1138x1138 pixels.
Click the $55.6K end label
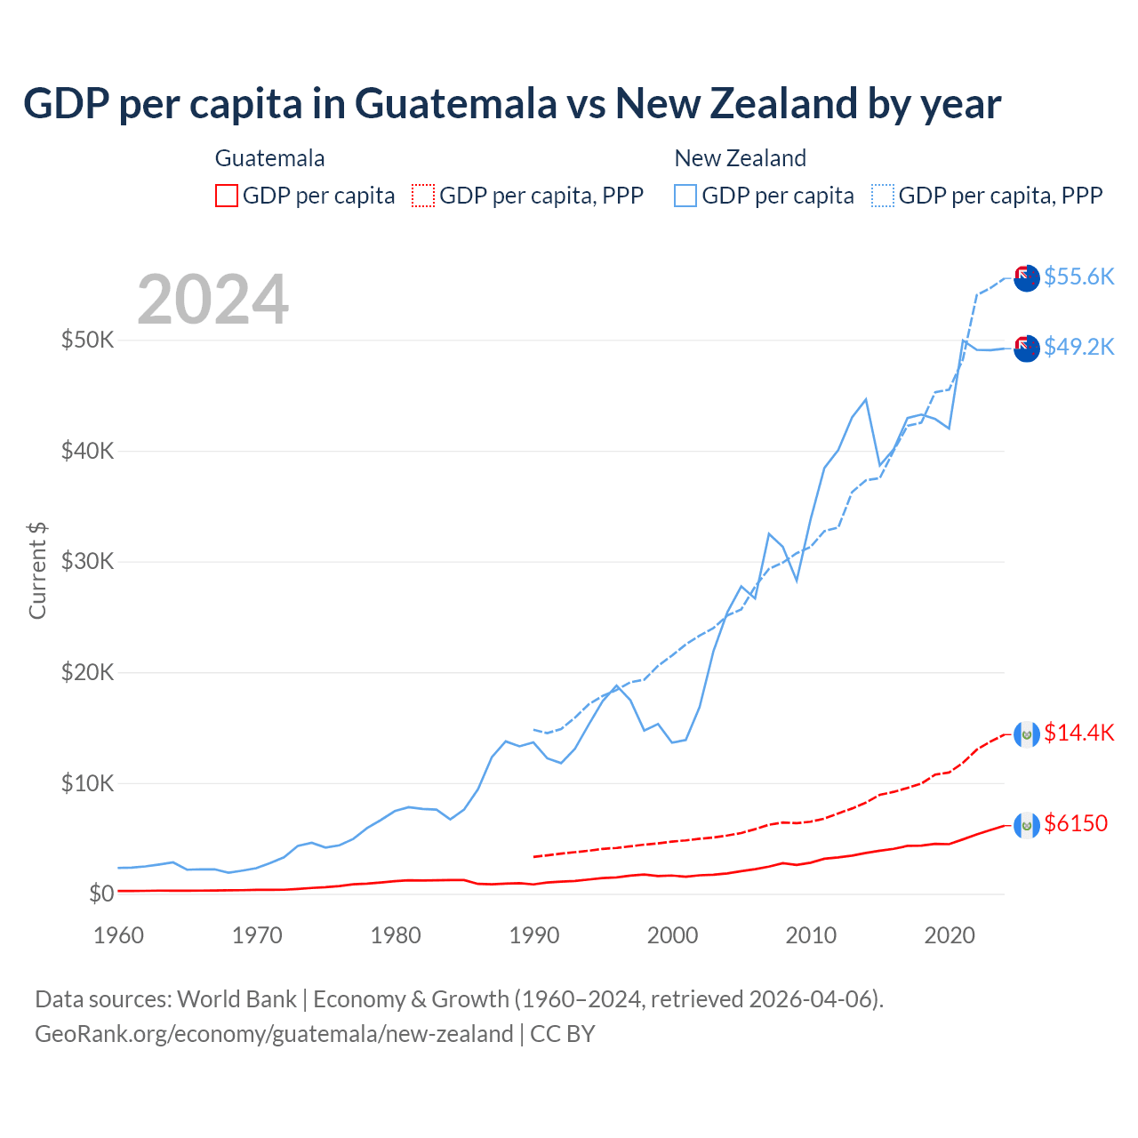click(x=1078, y=276)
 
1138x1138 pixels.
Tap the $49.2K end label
click(x=1078, y=347)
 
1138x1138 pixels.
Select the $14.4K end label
click(x=1078, y=733)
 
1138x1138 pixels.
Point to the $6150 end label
click(x=1076, y=823)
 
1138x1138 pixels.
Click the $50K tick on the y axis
click(x=87, y=340)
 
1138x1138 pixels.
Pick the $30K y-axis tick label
click(x=87, y=561)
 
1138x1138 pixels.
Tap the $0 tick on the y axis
click(x=101, y=894)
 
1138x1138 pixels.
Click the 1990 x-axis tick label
click(x=534, y=935)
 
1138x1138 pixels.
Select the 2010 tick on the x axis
click(x=811, y=935)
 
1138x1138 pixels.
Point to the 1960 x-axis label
click(x=118, y=935)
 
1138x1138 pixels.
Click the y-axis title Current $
click(x=37, y=571)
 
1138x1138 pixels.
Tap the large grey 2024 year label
click(x=212, y=300)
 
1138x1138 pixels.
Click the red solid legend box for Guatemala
click(x=227, y=196)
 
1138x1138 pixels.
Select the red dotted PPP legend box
click(x=423, y=196)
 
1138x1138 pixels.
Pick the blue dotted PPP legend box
click(x=883, y=196)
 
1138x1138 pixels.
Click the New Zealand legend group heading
click(x=740, y=158)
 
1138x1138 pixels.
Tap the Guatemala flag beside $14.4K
click(x=1027, y=734)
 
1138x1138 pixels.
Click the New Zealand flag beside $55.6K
click(x=1027, y=277)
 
